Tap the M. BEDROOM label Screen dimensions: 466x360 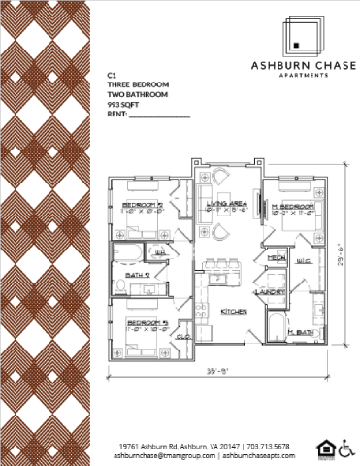pos(292,207)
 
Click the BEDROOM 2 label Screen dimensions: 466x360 pos(142,205)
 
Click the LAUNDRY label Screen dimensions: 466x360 pos(270,290)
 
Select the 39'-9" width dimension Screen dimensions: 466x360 pos(219,371)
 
